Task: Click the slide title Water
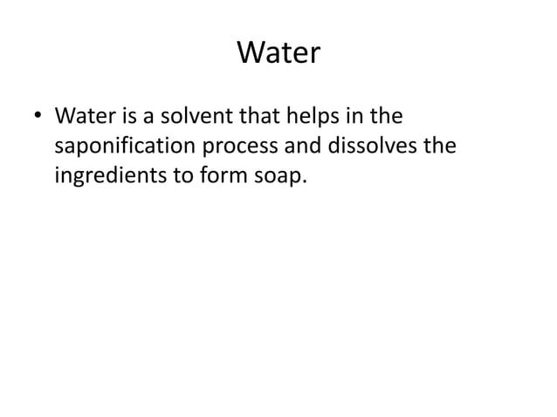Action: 278,54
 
